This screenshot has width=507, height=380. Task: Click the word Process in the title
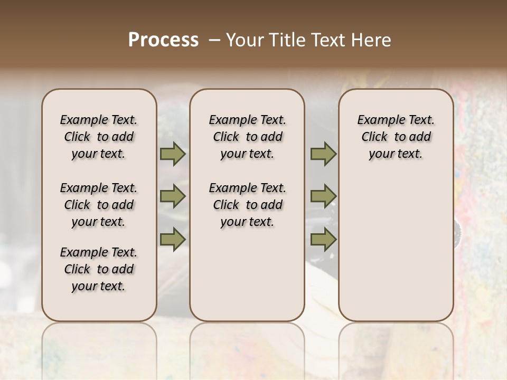pos(163,40)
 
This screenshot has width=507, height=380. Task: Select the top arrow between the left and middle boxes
pos(173,154)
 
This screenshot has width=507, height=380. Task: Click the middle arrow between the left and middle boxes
pos(173,197)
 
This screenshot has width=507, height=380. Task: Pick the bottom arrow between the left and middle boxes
pos(173,239)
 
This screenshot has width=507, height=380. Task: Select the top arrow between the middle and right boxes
pos(323,154)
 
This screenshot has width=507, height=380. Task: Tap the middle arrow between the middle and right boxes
pos(323,197)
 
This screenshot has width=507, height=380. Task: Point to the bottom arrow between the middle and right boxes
pos(323,239)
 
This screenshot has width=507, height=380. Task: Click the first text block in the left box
pos(99,137)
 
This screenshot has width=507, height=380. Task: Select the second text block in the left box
pos(99,205)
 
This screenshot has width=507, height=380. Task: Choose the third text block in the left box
pos(99,269)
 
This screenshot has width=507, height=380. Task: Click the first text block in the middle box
pos(247,137)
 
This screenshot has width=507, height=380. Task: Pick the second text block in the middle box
pos(247,205)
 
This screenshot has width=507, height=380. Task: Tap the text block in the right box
pos(396,137)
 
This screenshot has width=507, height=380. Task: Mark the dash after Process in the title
pos(214,40)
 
